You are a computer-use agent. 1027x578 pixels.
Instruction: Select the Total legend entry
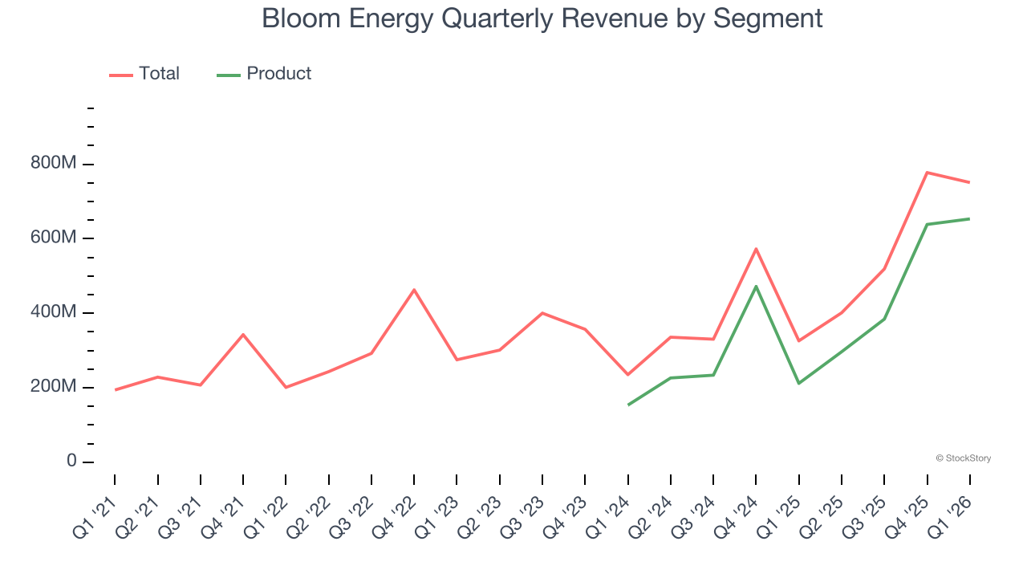pos(145,74)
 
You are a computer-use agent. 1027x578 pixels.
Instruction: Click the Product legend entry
pos(265,74)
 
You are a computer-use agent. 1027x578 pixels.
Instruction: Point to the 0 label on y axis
pos(71,462)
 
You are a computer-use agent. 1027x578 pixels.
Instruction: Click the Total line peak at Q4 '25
pos(927,173)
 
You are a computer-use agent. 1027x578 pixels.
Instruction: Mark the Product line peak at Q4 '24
pos(756,287)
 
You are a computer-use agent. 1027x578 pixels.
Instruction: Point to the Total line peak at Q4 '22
pos(414,290)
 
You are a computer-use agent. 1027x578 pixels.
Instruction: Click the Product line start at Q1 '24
pos(628,405)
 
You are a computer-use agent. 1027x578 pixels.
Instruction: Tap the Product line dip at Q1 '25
pos(799,383)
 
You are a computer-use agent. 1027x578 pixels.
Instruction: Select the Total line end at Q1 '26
pos(969,182)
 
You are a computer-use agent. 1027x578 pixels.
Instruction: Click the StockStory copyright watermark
pos(963,458)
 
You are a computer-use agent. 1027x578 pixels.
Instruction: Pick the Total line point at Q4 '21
pos(243,335)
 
